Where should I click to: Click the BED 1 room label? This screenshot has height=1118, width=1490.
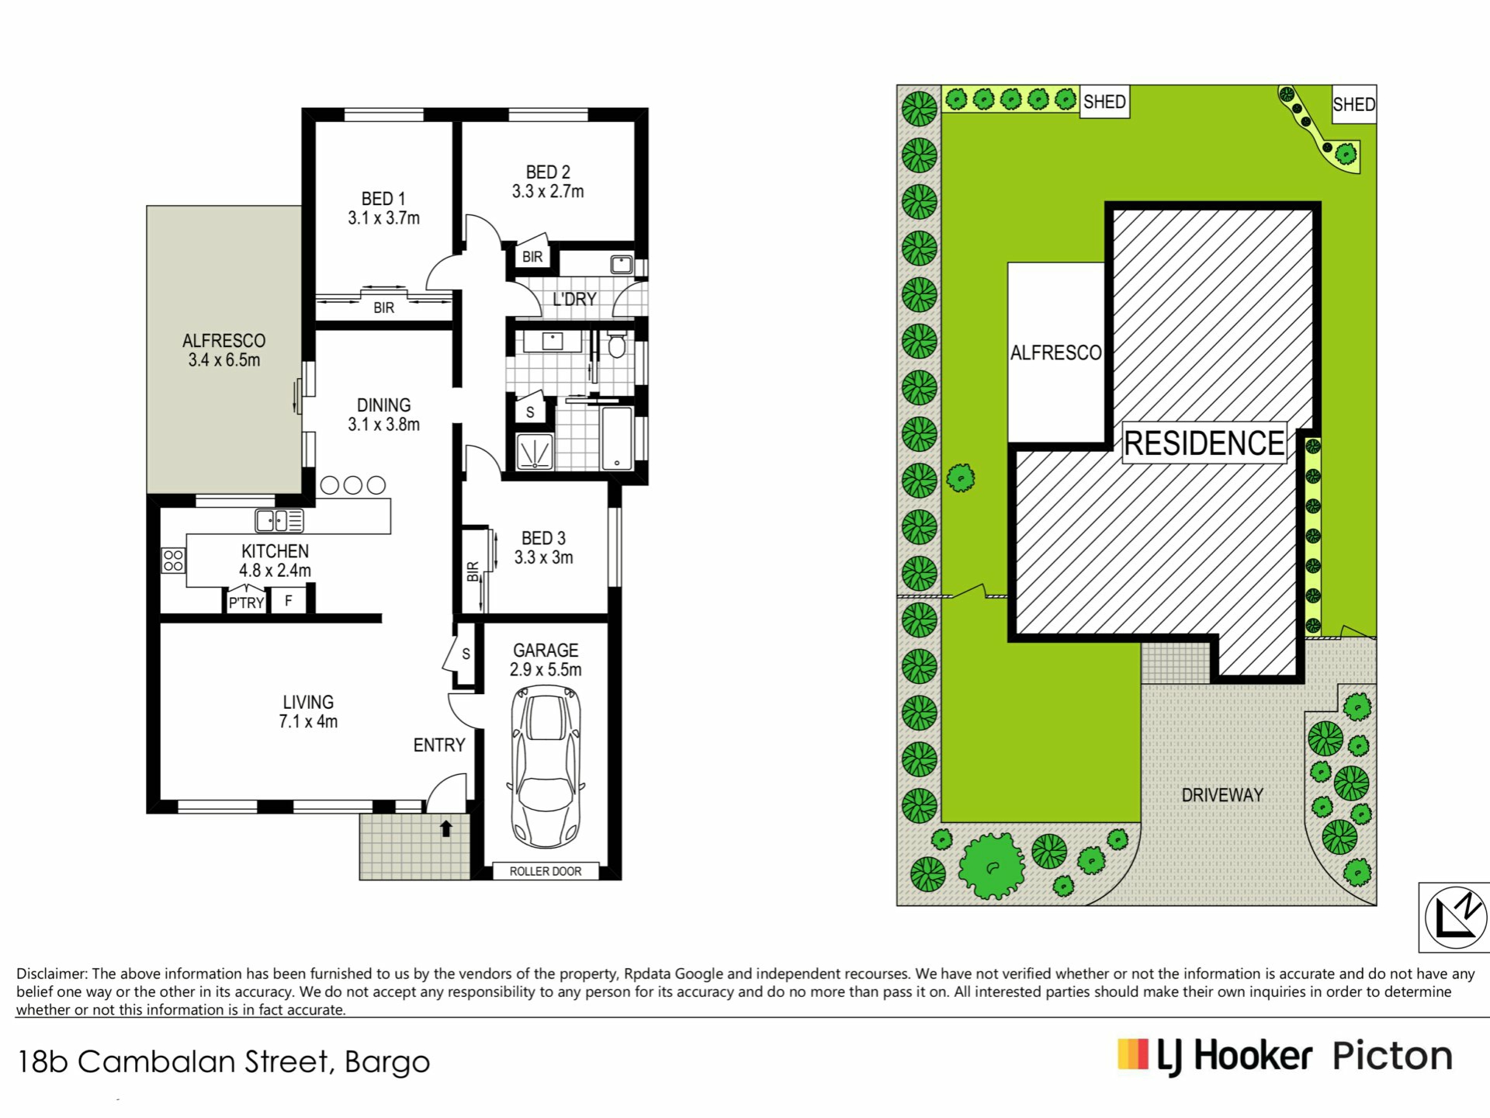pyautogui.click(x=383, y=199)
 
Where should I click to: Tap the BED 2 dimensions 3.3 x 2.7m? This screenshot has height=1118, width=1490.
pyautogui.click(x=548, y=192)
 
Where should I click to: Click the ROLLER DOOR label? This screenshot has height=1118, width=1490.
pyautogui.click(x=546, y=871)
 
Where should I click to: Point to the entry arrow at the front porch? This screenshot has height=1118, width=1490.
pyautogui.click(x=446, y=828)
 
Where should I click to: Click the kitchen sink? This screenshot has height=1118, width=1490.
pyautogui.click(x=279, y=520)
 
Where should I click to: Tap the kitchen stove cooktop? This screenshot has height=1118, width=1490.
pyautogui.click(x=174, y=561)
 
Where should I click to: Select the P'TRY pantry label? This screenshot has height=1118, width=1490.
pyautogui.click(x=247, y=602)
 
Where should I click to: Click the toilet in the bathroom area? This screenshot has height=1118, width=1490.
pyautogui.click(x=617, y=343)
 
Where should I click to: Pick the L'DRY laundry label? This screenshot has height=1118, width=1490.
pyautogui.click(x=574, y=299)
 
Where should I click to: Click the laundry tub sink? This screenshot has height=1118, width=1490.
pyautogui.click(x=622, y=265)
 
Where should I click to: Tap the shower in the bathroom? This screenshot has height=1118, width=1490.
pyautogui.click(x=535, y=451)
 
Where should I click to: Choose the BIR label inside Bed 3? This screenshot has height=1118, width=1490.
pyautogui.click(x=473, y=572)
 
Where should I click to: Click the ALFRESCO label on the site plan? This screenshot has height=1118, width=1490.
pyautogui.click(x=1055, y=353)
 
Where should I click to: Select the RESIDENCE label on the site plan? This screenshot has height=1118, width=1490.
pyautogui.click(x=1204, y=443)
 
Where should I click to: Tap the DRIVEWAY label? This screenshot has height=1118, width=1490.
pyautogui.click(x=1222, y=795)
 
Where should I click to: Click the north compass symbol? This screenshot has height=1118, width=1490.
pyautogui.click(x=1456, y=917)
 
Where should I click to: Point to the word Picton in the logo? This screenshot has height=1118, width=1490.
pyautogui.click(x=1392, y=1057)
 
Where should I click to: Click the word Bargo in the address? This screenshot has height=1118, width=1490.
pyautogui.click(x=386, y=1063)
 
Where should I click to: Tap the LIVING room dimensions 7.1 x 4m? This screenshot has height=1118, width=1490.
pyautogui.click(x=308, y=721)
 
